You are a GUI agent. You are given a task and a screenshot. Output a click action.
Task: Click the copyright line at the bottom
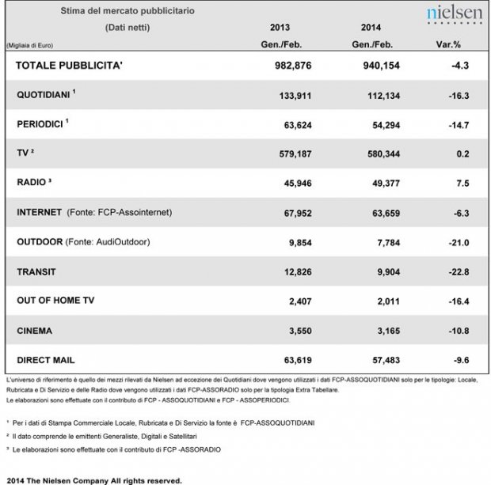point(93,479)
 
